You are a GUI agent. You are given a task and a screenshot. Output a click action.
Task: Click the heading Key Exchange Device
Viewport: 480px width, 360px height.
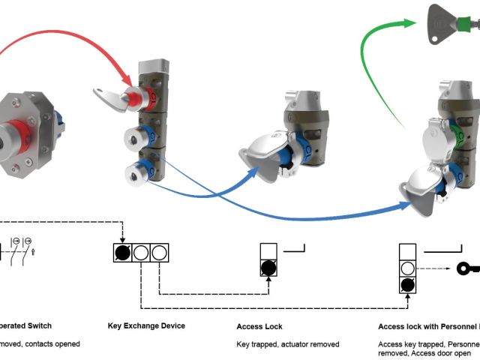[147, 326]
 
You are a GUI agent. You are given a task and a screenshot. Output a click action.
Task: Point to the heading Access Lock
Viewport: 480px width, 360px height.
[259, 326]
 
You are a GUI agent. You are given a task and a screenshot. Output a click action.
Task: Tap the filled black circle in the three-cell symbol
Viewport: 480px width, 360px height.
[123, 253]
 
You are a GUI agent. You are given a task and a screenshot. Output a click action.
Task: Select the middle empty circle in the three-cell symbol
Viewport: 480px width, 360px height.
[141, 253]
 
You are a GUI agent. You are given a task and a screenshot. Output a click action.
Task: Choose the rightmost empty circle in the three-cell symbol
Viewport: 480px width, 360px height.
[158, 253]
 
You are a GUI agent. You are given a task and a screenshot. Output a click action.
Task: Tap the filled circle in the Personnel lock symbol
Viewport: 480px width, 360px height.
[407, 285]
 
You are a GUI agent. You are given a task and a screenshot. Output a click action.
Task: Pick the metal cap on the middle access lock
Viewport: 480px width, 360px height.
[262, 150]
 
